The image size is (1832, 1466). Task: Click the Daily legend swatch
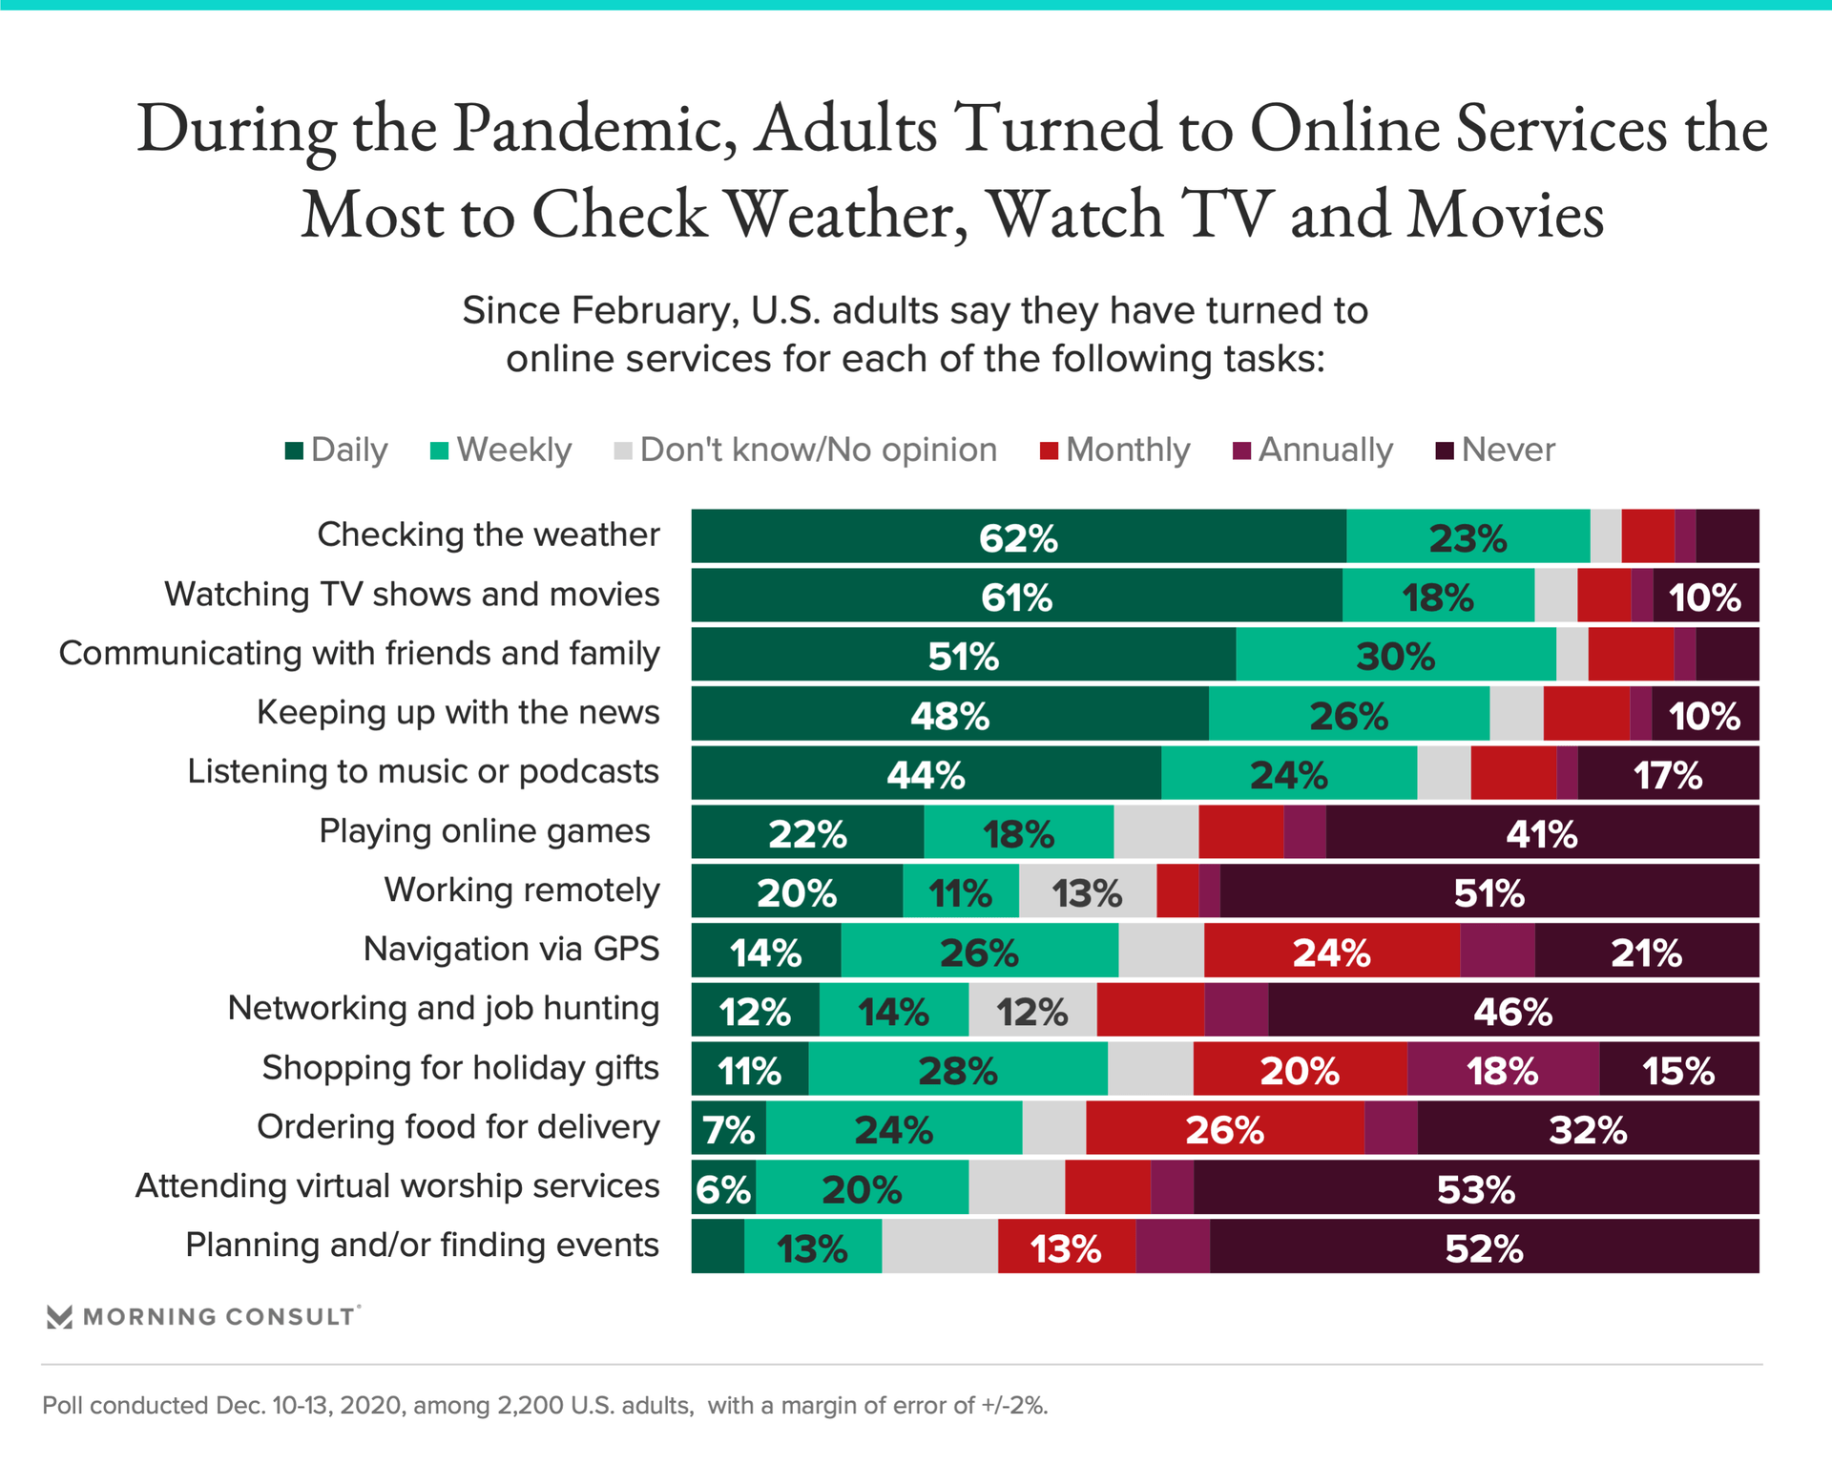pos(294,450)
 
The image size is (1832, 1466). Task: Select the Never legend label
pos(1508,450)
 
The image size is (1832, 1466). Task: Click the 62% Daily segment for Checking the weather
pos(1018,537)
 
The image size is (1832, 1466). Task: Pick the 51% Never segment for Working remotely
pos(1488,892)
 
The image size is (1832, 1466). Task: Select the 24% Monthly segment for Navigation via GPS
pos(1331,952)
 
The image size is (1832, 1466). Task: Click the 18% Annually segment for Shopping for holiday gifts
pos(1503,1070)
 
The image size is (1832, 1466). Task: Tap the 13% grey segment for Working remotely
pos(1087,892)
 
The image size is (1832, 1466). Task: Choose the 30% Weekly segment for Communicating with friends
pos(1395,656)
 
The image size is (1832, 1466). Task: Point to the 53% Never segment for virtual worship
pos(1475,1188)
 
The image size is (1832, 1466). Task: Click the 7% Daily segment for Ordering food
pos(728,1129)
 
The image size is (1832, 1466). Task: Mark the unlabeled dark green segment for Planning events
pos(718,1247)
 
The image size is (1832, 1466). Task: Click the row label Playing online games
pos(485,831)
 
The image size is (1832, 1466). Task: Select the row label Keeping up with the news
pos(458,713)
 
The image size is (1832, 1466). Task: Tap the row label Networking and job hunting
pos(444,1009)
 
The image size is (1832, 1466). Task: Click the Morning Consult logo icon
pos(59,1317)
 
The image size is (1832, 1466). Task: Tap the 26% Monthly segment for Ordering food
pos(1224,1129)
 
